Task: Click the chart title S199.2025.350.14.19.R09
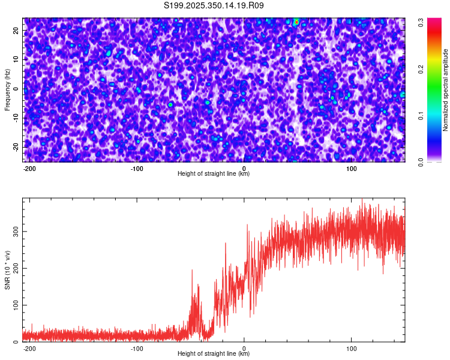(x=214, y=6)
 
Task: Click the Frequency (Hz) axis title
(x=7, y=90)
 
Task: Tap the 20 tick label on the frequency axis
(x=16, y=31)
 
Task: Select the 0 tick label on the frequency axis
(x=16, y=89)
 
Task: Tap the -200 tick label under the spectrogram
(x=28, y=168)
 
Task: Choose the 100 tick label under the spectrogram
(x=352, y=168)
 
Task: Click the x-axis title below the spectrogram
(x=214, y=174)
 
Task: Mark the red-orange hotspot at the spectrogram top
(x=296, y=22)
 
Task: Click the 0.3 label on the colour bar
(x=421, y=22)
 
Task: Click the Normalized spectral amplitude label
(x=446, y=90)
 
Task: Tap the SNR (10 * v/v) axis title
(x=7, y=270)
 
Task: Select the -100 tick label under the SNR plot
(x=137, y=348)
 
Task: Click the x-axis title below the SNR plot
(x=214, y=354)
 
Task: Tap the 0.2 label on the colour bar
(x=421, y=69)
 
